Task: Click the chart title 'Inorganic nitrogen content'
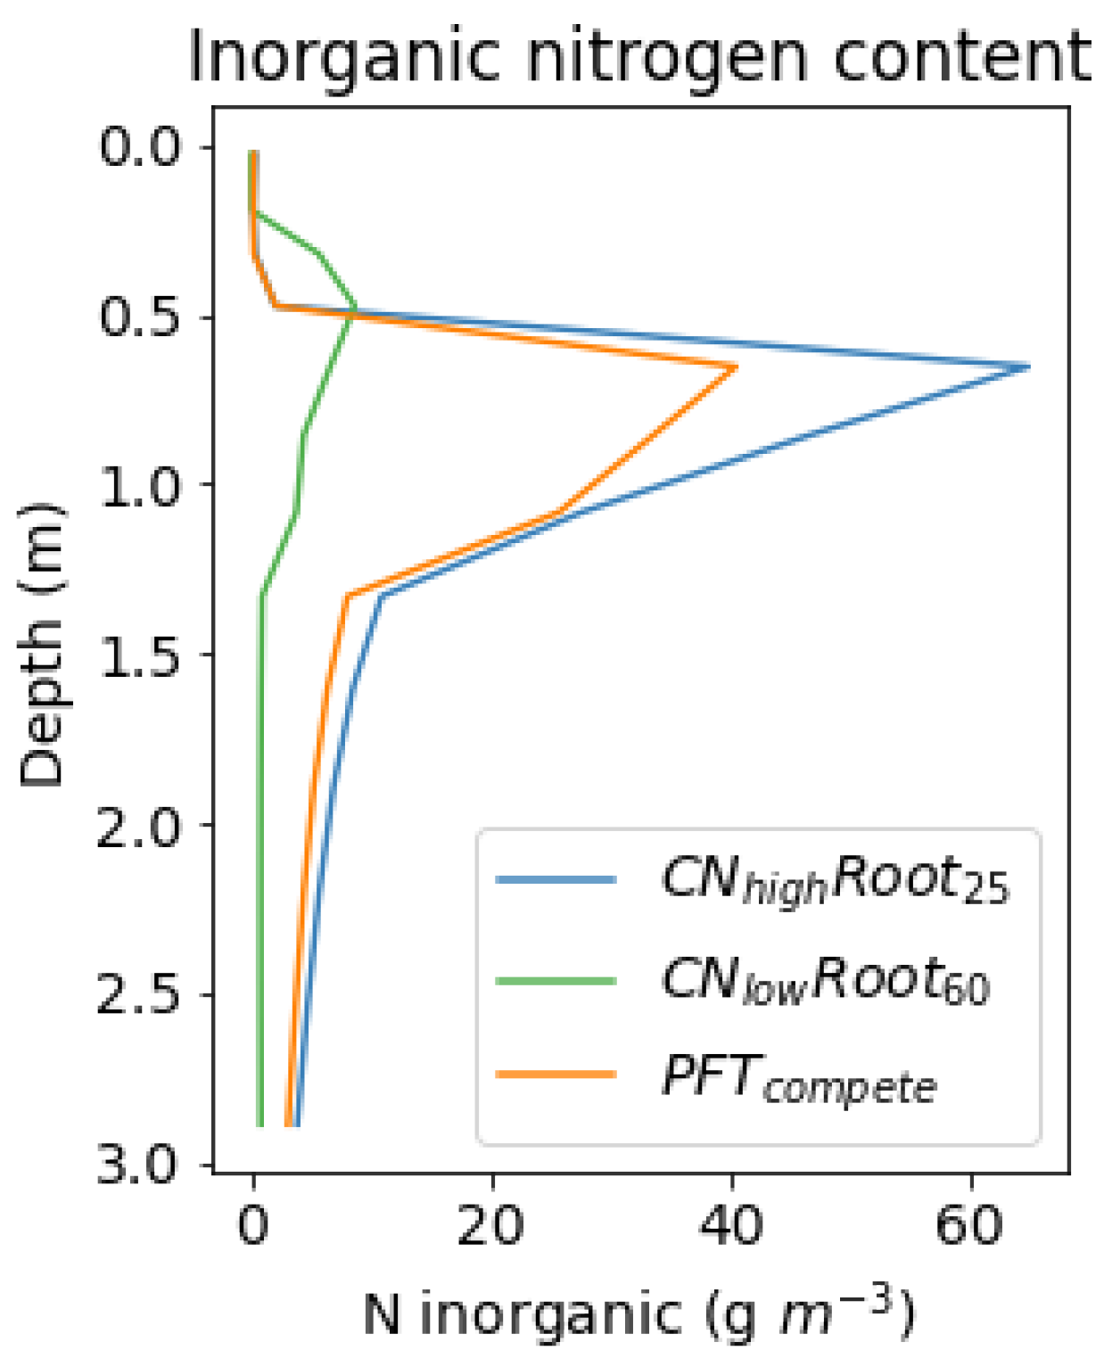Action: point(638,56)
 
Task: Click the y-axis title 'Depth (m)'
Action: point(42,645)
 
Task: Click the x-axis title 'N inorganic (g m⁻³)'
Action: point(638,1314)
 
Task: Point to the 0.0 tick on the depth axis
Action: point(139,146)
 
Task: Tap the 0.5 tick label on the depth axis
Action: point(139,317)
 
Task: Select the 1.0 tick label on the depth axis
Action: point(139,485)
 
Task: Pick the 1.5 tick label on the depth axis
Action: point(139,655)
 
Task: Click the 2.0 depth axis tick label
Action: point(139,825)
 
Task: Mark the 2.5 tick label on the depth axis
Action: point(139,995)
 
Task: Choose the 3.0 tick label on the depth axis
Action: point(139,1165)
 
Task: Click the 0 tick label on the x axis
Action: point(253,1225)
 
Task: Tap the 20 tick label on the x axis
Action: point(491,1225)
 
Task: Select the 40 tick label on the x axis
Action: point(731,1225)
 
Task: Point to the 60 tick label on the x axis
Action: point(970,1225)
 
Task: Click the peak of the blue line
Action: point(1028,366)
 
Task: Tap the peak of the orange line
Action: point(736,366)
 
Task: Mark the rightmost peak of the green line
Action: point(356,309)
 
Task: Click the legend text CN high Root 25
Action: point(834,881)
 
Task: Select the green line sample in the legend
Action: point(556,981)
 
